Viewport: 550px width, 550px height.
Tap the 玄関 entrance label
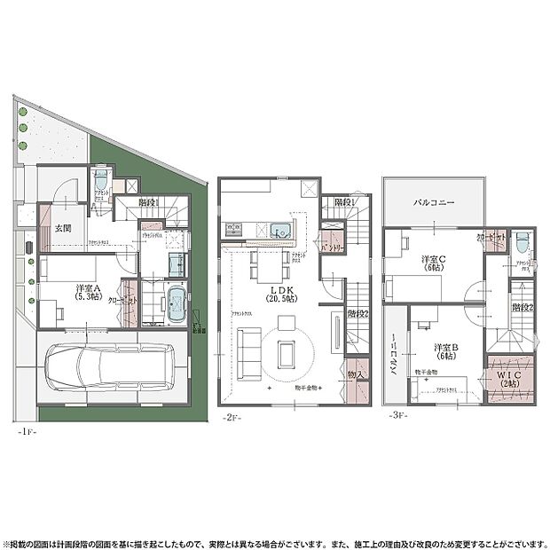(x=63, y=228)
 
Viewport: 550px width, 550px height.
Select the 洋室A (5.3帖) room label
(x=87, y=292)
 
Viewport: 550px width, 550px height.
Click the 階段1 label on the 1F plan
(x=148, y=202)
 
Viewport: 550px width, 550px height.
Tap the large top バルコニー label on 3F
(x=434, y=202)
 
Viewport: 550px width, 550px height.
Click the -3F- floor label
(x=396, y=415)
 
